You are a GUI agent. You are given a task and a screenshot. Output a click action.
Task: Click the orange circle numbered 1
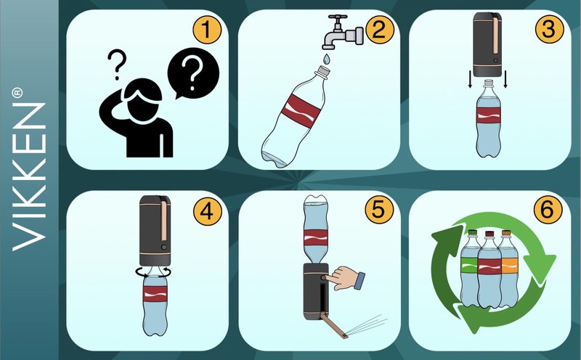[x=207, y=30]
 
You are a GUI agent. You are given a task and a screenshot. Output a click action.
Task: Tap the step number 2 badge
[x=378, y=30]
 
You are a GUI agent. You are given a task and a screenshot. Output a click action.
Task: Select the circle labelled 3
[x=549, y=29]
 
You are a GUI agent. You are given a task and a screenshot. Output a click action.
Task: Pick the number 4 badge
[x=207, y=211]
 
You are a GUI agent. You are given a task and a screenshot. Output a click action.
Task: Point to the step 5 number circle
[x=378, y=210]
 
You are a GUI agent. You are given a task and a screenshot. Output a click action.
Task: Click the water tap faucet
[x=343, y=33]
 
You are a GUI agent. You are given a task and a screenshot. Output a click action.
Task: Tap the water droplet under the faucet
[x=326, y=58]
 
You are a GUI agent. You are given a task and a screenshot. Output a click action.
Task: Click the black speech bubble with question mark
[x=192, y=73]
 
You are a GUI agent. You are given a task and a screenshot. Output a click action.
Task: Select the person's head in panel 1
[x=142, y=101]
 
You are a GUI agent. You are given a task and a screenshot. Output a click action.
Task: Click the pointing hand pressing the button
[x=347, y=278]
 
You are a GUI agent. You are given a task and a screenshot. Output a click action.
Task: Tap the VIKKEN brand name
[x=29, y=176]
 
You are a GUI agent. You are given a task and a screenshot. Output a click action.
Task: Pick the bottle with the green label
[x=470, y=269]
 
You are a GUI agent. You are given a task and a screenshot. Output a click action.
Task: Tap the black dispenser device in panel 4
[x=155, y=229]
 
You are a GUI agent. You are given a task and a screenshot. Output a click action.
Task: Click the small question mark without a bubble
[x=117, y=65]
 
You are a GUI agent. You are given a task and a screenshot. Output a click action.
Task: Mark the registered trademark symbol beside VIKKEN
[x=17, y=94]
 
